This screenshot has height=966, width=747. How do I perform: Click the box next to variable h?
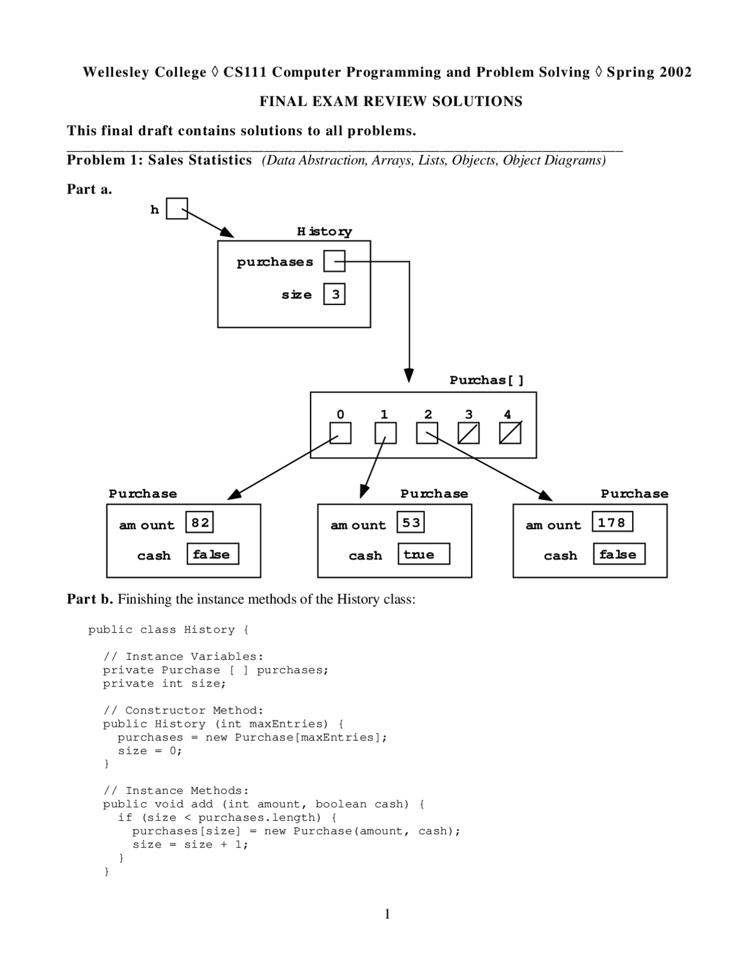pos(176,208)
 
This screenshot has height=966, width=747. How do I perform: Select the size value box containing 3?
pos(334,294)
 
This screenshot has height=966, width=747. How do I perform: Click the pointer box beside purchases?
pos(334,261)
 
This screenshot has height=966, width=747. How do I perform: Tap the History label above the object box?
pos(324,232)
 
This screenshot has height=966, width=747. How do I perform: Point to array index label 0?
pos(340,414)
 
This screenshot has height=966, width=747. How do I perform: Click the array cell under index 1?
pos(385,433)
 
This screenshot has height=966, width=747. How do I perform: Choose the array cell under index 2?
pos(427,433)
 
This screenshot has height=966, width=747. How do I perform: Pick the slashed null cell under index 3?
pos(468,433)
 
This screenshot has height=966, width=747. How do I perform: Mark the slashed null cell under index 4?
pos(510,433)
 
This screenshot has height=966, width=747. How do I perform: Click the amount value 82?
pos(200,522)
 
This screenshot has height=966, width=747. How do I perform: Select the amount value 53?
pos(411,522)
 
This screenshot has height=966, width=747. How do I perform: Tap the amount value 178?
pos(612,522)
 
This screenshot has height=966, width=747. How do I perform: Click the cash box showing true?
pos(424,554)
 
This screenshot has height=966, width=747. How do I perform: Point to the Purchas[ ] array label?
pos(487,380)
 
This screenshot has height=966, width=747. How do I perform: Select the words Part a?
pos(89,189)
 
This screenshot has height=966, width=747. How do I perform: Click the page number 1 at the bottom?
pos(388,914)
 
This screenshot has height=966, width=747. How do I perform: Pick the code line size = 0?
pos(150,751)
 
